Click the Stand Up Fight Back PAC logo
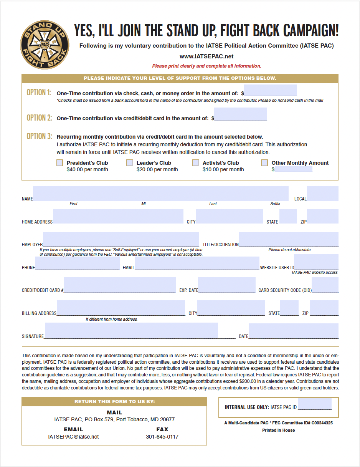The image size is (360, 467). pos(45,45)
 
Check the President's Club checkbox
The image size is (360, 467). pos(60,163)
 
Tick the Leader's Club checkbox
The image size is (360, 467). pos(130,163)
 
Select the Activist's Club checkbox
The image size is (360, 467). pos(196,163)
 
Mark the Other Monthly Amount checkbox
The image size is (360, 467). pos(264,163)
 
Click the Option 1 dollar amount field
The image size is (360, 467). pos(271,91)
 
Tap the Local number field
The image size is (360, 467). pos(322,194)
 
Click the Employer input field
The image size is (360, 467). pos(121,239)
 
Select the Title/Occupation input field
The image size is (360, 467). pos(289,239)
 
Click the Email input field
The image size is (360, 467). pos(197,263)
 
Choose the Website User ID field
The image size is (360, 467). pos(316,262)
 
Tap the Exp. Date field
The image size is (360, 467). pos(227,285)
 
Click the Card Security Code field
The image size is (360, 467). pos(325,285)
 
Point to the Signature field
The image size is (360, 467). pos(132,331)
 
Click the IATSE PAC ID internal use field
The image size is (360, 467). pos(315,404)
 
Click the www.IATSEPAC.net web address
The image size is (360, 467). pos(206,56)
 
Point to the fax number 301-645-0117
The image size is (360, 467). pos(162,437)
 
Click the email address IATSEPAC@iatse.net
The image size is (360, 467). pos(73,437)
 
